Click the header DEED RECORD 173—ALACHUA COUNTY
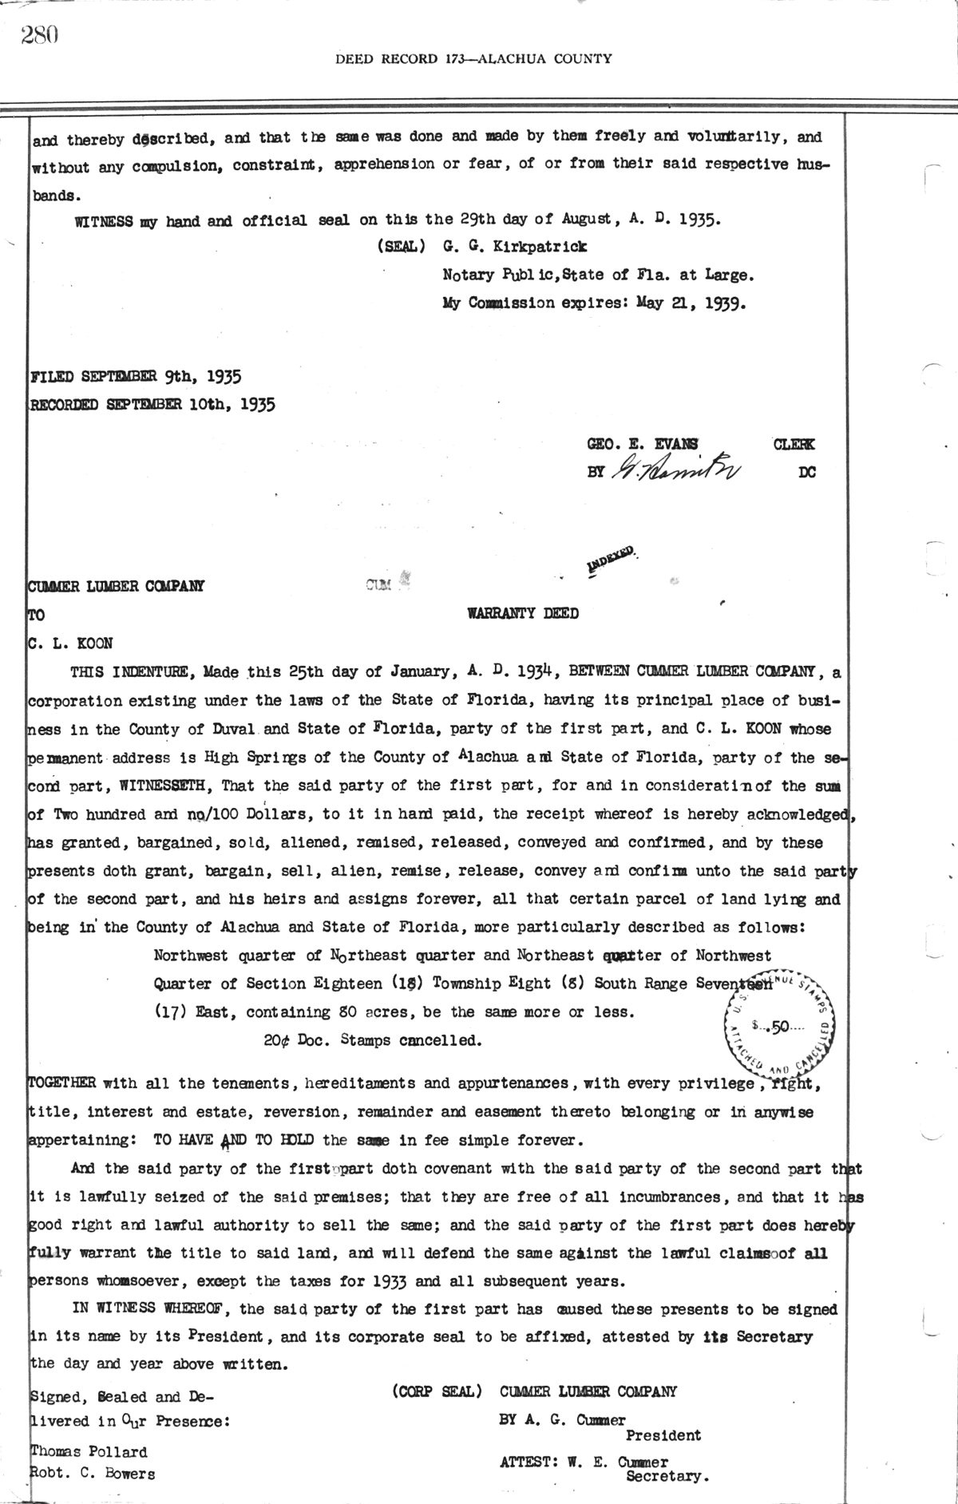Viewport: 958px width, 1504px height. click(x=473, y=58)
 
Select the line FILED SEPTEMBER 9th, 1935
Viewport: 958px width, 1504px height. click(x=136, y=375)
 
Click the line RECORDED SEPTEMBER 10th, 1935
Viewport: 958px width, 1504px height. click(x=152, y=404)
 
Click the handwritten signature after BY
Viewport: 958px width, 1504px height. click(x=675, y=471)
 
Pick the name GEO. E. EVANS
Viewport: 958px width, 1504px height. click(x=642, y=444)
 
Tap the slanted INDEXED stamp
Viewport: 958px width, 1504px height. click(x=612, y=559)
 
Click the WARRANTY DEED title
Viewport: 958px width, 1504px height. click(x=522, y=613)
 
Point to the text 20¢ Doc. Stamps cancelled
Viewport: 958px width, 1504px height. click(x=373, y=1040)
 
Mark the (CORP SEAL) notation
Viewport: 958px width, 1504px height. click(x=437, y=1391)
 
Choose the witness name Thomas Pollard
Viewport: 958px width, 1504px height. click(x=89, y=1451)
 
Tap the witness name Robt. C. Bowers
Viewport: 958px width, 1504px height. click(x=93, y=1474)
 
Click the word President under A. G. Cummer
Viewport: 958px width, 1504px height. click(x=663, y=1435)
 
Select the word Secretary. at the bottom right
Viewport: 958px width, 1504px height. click(x=667, y=1477)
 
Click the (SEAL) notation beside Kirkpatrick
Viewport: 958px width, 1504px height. click(x=403, y=247)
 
